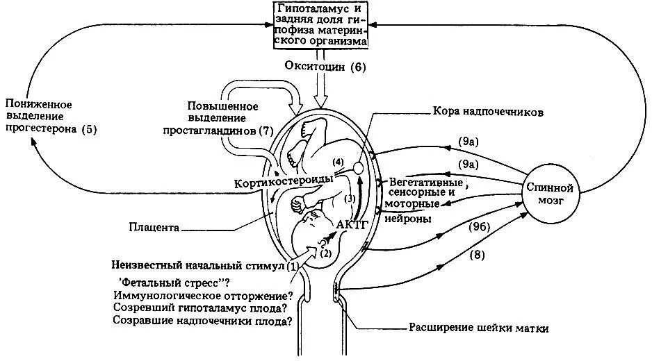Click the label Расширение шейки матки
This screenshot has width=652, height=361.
click(478, 328)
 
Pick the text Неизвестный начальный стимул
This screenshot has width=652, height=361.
click(198, 265)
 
